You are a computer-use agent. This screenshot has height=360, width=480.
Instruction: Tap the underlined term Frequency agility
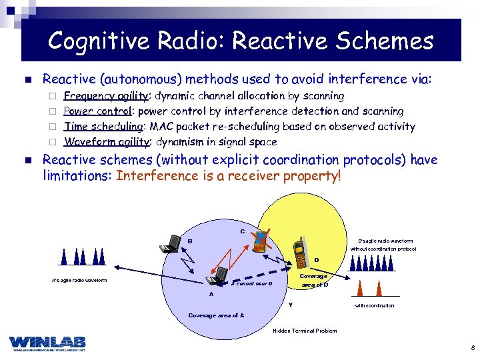click(x=106, y=96)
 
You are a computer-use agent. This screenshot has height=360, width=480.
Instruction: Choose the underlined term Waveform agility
click(x=106, y=142)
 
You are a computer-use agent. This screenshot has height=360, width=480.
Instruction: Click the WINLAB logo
click(x=47, y=341)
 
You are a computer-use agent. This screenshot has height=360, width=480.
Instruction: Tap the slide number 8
click(x=471, y=347)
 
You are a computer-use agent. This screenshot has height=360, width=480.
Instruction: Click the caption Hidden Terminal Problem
click(x=305, y=331)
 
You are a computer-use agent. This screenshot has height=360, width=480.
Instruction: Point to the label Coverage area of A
click(x=216, y=315)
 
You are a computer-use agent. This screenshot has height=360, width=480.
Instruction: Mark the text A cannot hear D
click(x=251, y=283)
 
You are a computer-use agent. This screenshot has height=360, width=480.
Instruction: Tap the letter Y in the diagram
click(x=290, y=305)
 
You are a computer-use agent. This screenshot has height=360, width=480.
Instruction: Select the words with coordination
click(x=374, y=306)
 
